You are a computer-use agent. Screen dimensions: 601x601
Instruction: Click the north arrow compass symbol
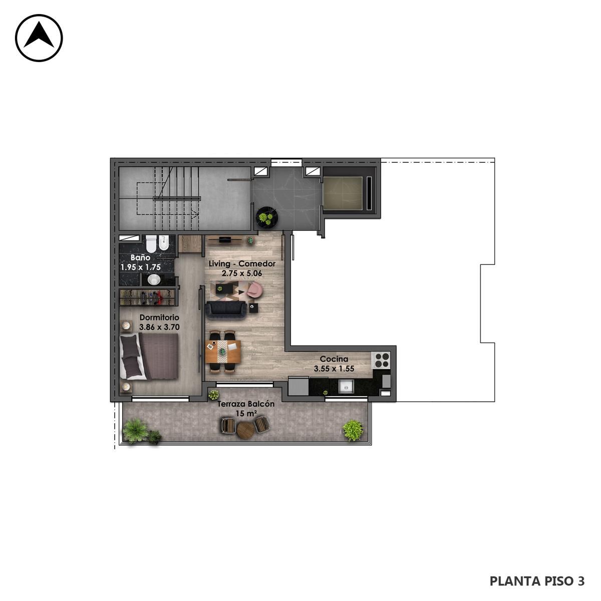(39, 38)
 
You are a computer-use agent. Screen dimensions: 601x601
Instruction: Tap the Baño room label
(140, 257)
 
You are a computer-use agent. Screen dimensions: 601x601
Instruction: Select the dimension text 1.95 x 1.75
(141, 267)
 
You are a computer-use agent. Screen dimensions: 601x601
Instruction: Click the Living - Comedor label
(242, 264)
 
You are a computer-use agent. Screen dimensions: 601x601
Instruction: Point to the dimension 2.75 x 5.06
(242, 273)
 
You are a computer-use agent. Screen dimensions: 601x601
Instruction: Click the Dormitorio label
(159, 318)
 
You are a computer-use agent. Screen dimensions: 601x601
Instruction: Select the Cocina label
(334, 359)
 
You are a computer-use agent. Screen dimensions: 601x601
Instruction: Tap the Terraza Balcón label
(246, 404)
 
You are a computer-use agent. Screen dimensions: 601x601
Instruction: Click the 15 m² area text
(246, 414)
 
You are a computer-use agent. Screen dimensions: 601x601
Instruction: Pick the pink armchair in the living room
(255, 289)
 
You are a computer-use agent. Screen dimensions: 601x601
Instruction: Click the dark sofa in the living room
(226, 310)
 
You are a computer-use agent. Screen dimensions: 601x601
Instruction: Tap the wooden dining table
(223, 351)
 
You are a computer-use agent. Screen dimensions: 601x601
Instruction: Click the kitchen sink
(346, 387)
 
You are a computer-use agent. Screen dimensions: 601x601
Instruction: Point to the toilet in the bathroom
(151, 243)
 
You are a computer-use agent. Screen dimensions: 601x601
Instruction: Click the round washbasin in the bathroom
(154, 279)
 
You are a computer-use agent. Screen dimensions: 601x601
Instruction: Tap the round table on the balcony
(245, 430)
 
